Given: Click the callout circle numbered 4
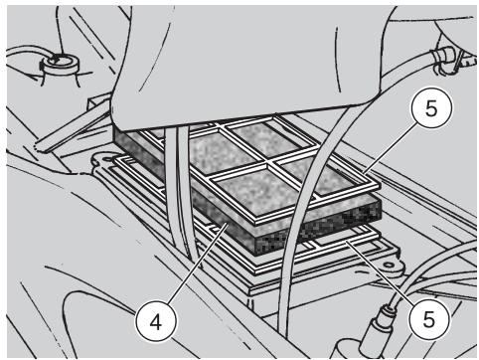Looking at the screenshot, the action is point(156,321).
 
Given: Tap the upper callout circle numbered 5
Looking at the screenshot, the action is point(431,108).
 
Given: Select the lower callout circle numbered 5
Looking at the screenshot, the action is point(429,319).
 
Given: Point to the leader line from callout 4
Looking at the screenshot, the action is point(198,264).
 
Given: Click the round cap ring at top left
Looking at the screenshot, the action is point(61,62).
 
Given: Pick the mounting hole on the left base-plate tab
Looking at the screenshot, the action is point(108,159).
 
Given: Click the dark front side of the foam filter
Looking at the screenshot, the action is point(318,229).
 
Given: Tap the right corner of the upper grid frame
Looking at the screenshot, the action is point(379,185).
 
